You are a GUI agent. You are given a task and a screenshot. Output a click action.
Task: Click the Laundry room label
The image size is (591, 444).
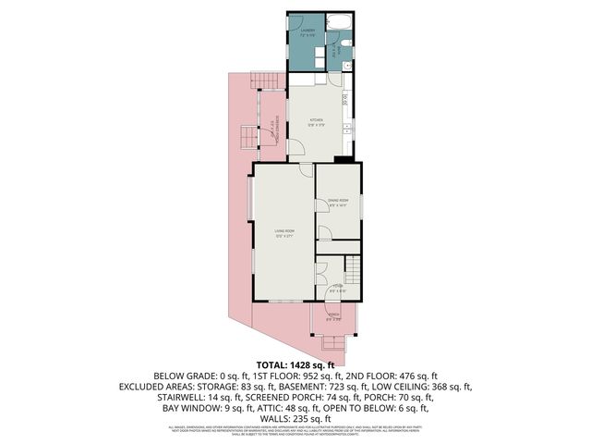(x=308, y=31)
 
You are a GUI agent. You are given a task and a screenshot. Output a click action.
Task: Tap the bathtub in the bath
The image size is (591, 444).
(x=339, y=22)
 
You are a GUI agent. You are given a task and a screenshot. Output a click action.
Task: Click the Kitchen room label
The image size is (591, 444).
(x=316, y=120)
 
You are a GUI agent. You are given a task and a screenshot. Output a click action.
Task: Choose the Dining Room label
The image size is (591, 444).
(x=338, y=201)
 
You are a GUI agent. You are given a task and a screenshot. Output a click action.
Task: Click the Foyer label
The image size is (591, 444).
(x=338, y=288)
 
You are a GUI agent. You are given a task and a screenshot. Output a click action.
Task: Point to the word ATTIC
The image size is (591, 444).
(x=271, y=407)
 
